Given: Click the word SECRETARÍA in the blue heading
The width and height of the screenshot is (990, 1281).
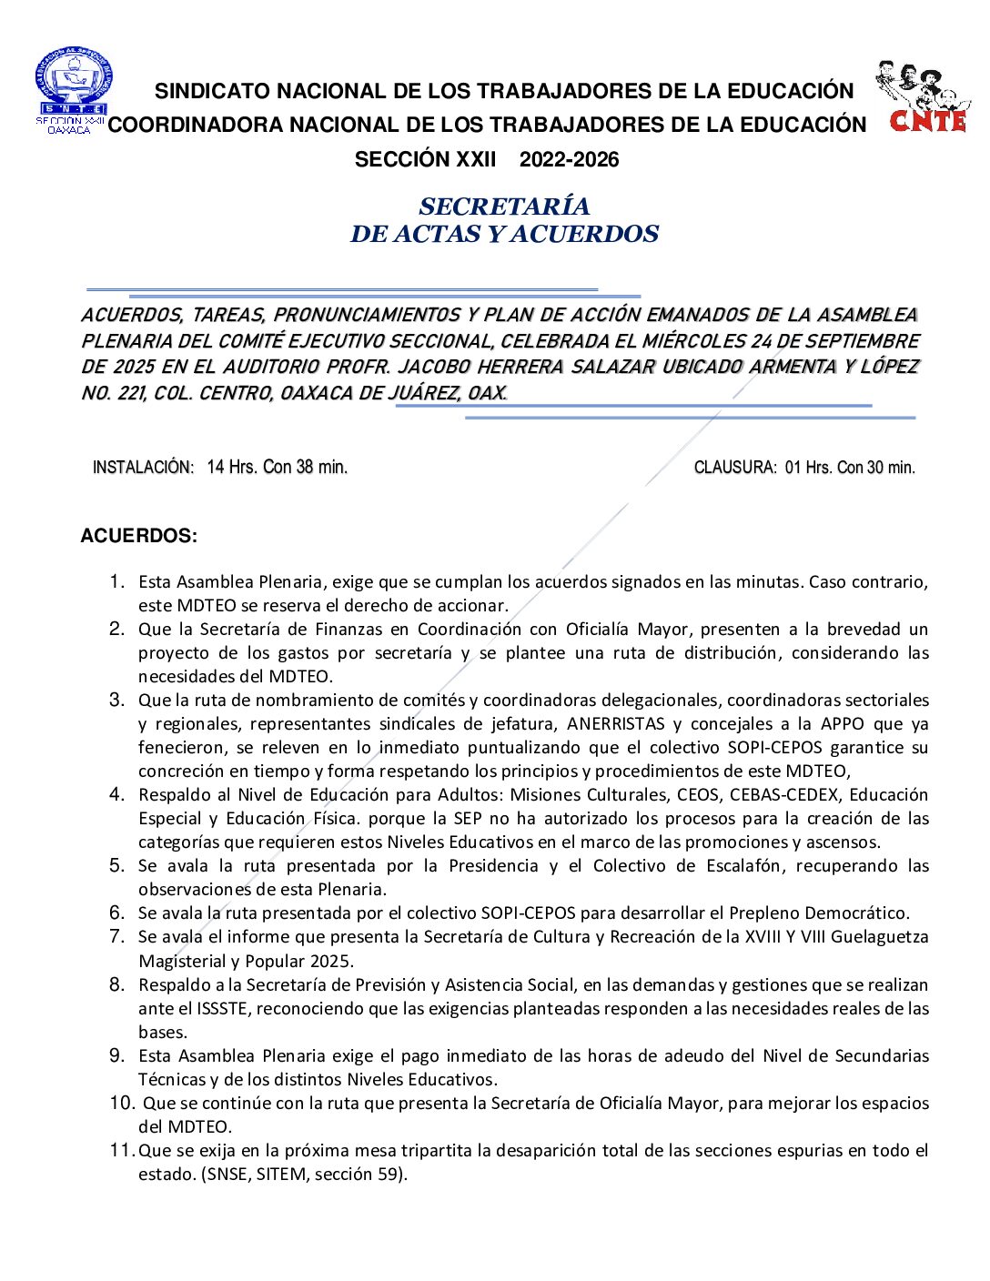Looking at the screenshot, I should (x=504, y=207).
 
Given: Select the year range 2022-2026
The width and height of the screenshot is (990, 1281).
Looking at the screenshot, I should (x=569, y=160).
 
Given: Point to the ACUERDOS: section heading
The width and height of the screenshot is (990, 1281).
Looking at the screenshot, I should (x=138, y=536).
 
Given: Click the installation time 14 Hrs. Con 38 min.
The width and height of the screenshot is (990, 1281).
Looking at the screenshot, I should (x=277, y=468).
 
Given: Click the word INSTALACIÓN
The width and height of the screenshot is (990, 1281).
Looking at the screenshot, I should (x=143, y=468).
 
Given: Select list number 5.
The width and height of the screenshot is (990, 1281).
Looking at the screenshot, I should (x=116, y=865).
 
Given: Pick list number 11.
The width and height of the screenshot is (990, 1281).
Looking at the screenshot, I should (x=122, y=1150).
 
